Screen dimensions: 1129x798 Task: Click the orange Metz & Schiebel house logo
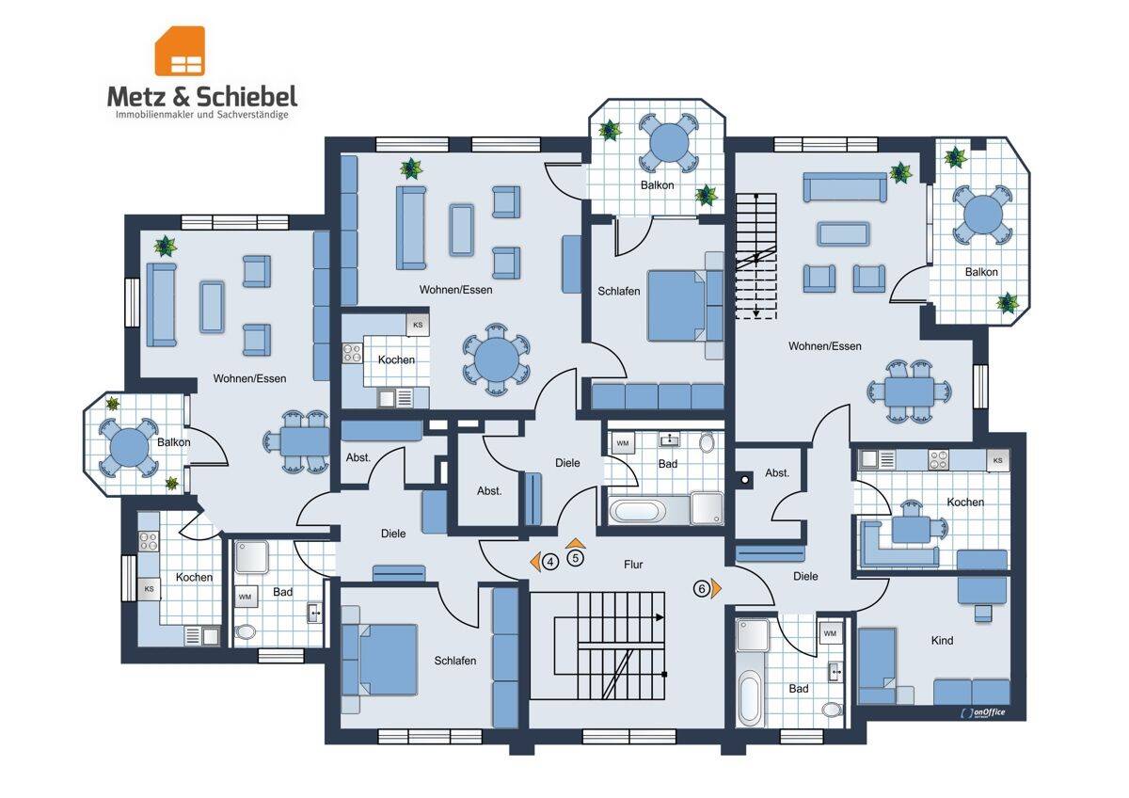(180, 51)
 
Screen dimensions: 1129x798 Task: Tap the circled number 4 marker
(550, 562)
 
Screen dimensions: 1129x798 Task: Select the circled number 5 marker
(575, 558)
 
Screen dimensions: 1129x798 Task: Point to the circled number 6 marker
(702, 588)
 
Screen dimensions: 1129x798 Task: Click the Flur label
(633, 565)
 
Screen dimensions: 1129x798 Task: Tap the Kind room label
(942, 641)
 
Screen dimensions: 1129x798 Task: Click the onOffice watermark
(983, 712)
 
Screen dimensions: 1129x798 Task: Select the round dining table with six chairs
(497, 359)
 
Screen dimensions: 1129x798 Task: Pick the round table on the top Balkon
(669, 144)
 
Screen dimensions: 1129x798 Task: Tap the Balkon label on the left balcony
(173, 442)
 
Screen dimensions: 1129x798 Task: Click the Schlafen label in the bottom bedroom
(455, 661)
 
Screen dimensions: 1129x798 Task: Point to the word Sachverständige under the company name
(252, 115)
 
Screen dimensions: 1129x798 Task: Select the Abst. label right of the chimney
(777, 472)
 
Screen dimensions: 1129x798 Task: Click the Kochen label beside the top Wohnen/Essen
(396, 359)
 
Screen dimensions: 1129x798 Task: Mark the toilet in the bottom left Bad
(246, 631)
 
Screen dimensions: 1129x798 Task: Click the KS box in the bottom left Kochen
(150, 589)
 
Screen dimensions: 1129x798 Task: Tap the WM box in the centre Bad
(623, 443)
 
